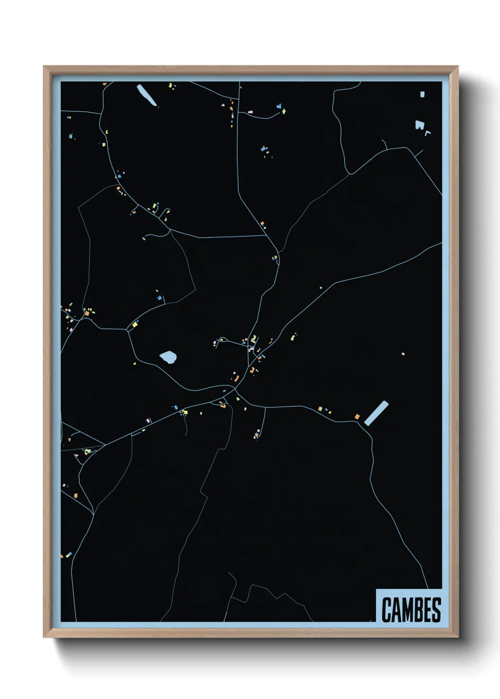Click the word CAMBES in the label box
[x=411, y=610]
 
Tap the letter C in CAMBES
[x=386, y=610]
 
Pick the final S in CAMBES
[x=436, y=610]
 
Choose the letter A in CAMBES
[x=396, y=610]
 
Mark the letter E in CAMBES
[x=428, y=610]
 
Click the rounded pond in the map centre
[x=168, y=357]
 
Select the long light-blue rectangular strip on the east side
[x=376, y=413]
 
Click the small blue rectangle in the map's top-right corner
[x=422, y=94]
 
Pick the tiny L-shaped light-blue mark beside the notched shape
[x=428, y=133]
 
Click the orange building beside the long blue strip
[x=357, y=416]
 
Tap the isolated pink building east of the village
[x=403, y=353]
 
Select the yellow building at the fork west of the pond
[x=135, y=324]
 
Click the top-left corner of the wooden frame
[x=44, y=67]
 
